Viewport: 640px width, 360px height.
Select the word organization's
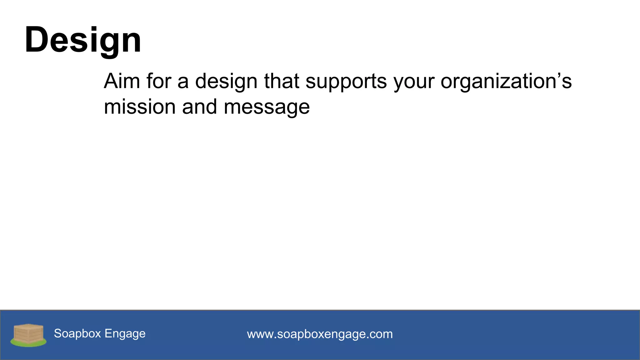(x=506, y=82)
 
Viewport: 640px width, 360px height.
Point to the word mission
(x=140, y=107)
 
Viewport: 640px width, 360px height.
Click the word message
(x=267, y=108)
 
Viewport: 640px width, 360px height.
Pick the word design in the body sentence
(x=226, y=82)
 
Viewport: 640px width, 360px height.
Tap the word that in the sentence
(x=282, y=81)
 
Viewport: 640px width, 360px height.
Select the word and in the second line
(x=199, y=107)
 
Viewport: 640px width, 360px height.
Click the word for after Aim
(x=158, y=81)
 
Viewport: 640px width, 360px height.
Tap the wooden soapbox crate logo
(x=28, y=333)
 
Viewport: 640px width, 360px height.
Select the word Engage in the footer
(x=125, y=334)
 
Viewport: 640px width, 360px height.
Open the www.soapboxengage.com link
(x=320, y=334)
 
